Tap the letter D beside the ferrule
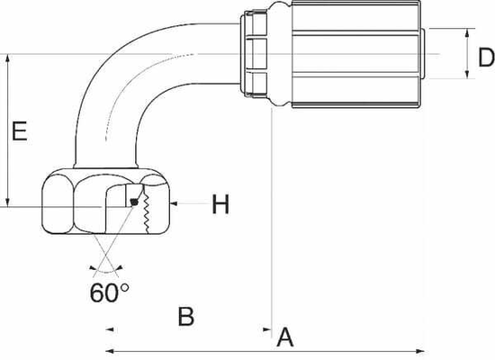[485, 58]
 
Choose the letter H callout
[220, 205]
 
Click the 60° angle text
[109, 292]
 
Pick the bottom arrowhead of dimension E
[8, 202]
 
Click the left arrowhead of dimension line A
[110, 350]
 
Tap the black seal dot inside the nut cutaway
[134, 202]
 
